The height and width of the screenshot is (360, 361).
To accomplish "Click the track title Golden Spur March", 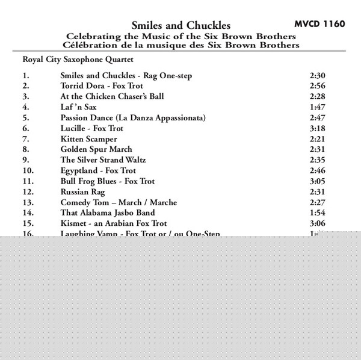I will pyautogui.click(x=96, y=149).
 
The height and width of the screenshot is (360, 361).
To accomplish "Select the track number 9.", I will pyautogui.click(x=25, y=160).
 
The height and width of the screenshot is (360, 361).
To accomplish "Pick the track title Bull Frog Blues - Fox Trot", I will pyautogui.click(x=108, y=181).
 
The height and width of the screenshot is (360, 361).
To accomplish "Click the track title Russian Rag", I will pyautogui.click(x=82, y=191).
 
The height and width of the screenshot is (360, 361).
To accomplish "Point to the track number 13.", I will pyautogui.click(x=27, y=202).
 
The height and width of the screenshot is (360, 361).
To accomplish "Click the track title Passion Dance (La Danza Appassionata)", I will pyautogui.click(x=133, y=117).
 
